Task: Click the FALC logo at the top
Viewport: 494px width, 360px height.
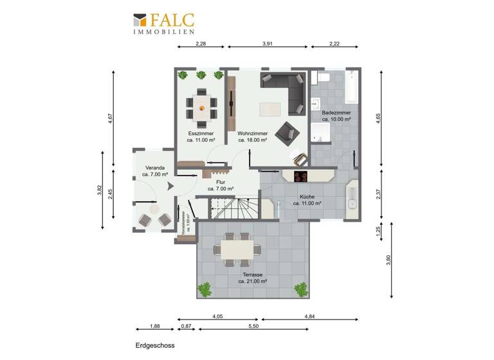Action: pyautogui.click(x=163, y=23)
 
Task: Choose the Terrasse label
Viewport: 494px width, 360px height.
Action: pyautogui.click(x=252, y=278)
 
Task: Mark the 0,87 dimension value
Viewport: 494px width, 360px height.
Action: pyautogui.click(x=187, y=327)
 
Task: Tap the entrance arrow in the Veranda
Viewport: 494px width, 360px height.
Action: pyautogui.click(x=170, y=186)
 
